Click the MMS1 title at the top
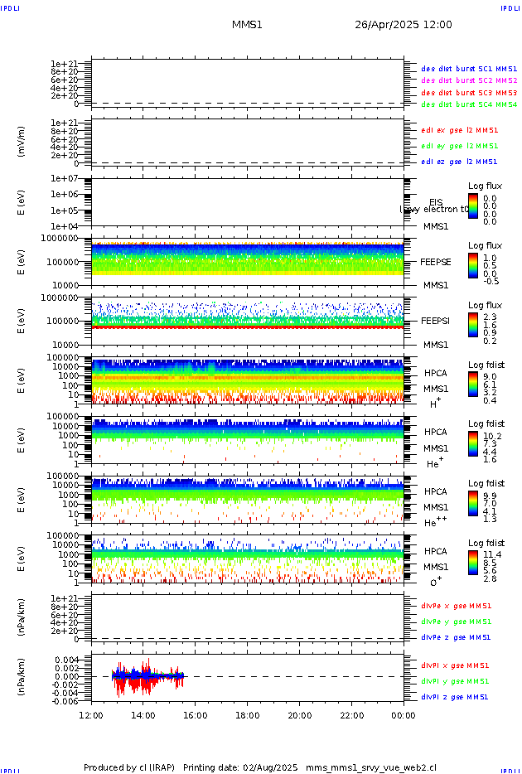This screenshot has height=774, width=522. (247, 25)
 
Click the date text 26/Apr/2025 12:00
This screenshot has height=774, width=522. (404, 25)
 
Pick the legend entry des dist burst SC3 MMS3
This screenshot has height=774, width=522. (469, 93)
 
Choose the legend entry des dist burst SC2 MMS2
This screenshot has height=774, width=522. (469, 80)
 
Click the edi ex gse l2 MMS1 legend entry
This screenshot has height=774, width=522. (460, 130)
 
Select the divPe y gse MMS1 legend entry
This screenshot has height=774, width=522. (457, 622)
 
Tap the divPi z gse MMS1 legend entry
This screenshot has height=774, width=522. (455, 697)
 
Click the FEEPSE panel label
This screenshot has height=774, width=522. (436, 262)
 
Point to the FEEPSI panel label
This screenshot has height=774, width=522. (436, 321)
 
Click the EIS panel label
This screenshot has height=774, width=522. (436, 203)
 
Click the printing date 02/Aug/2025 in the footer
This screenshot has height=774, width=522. (272, 768)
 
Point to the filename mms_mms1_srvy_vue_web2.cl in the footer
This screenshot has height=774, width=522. (371, 768)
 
